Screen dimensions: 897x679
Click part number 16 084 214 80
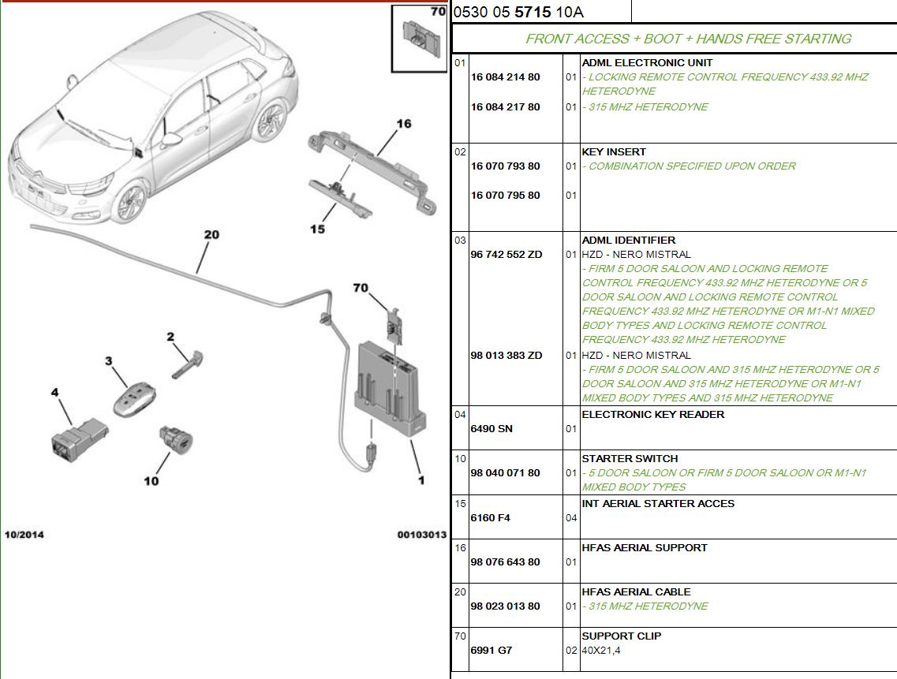tap(505, 77)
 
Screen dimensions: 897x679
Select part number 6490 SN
tap(491, 429)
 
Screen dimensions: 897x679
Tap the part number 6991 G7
tap(491, 651)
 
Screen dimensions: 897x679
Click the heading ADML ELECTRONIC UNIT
tap(647, 63)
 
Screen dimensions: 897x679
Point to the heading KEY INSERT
tap(614, 152)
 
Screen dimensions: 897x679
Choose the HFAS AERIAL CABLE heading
tap(636, 592)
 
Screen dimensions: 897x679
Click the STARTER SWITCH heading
tap(630, 459)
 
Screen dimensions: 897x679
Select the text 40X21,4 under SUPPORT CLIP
tap(601, 651)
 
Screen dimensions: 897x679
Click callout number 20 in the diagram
tap(211, 234)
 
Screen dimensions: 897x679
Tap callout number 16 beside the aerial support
tap(404, 124)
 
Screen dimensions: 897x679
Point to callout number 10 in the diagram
tap(151, 481)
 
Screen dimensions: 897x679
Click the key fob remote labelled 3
tap(134, 399)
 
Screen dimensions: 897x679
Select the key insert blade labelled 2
tap(188, 365)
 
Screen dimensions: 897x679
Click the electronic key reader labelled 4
tap(79, 440)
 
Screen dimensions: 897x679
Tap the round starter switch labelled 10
tap(176, 440)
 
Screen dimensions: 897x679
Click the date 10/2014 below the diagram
tap(24, 535)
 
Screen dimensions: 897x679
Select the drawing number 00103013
tap(421, 535)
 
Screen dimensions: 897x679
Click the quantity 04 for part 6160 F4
tap(571, 518)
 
